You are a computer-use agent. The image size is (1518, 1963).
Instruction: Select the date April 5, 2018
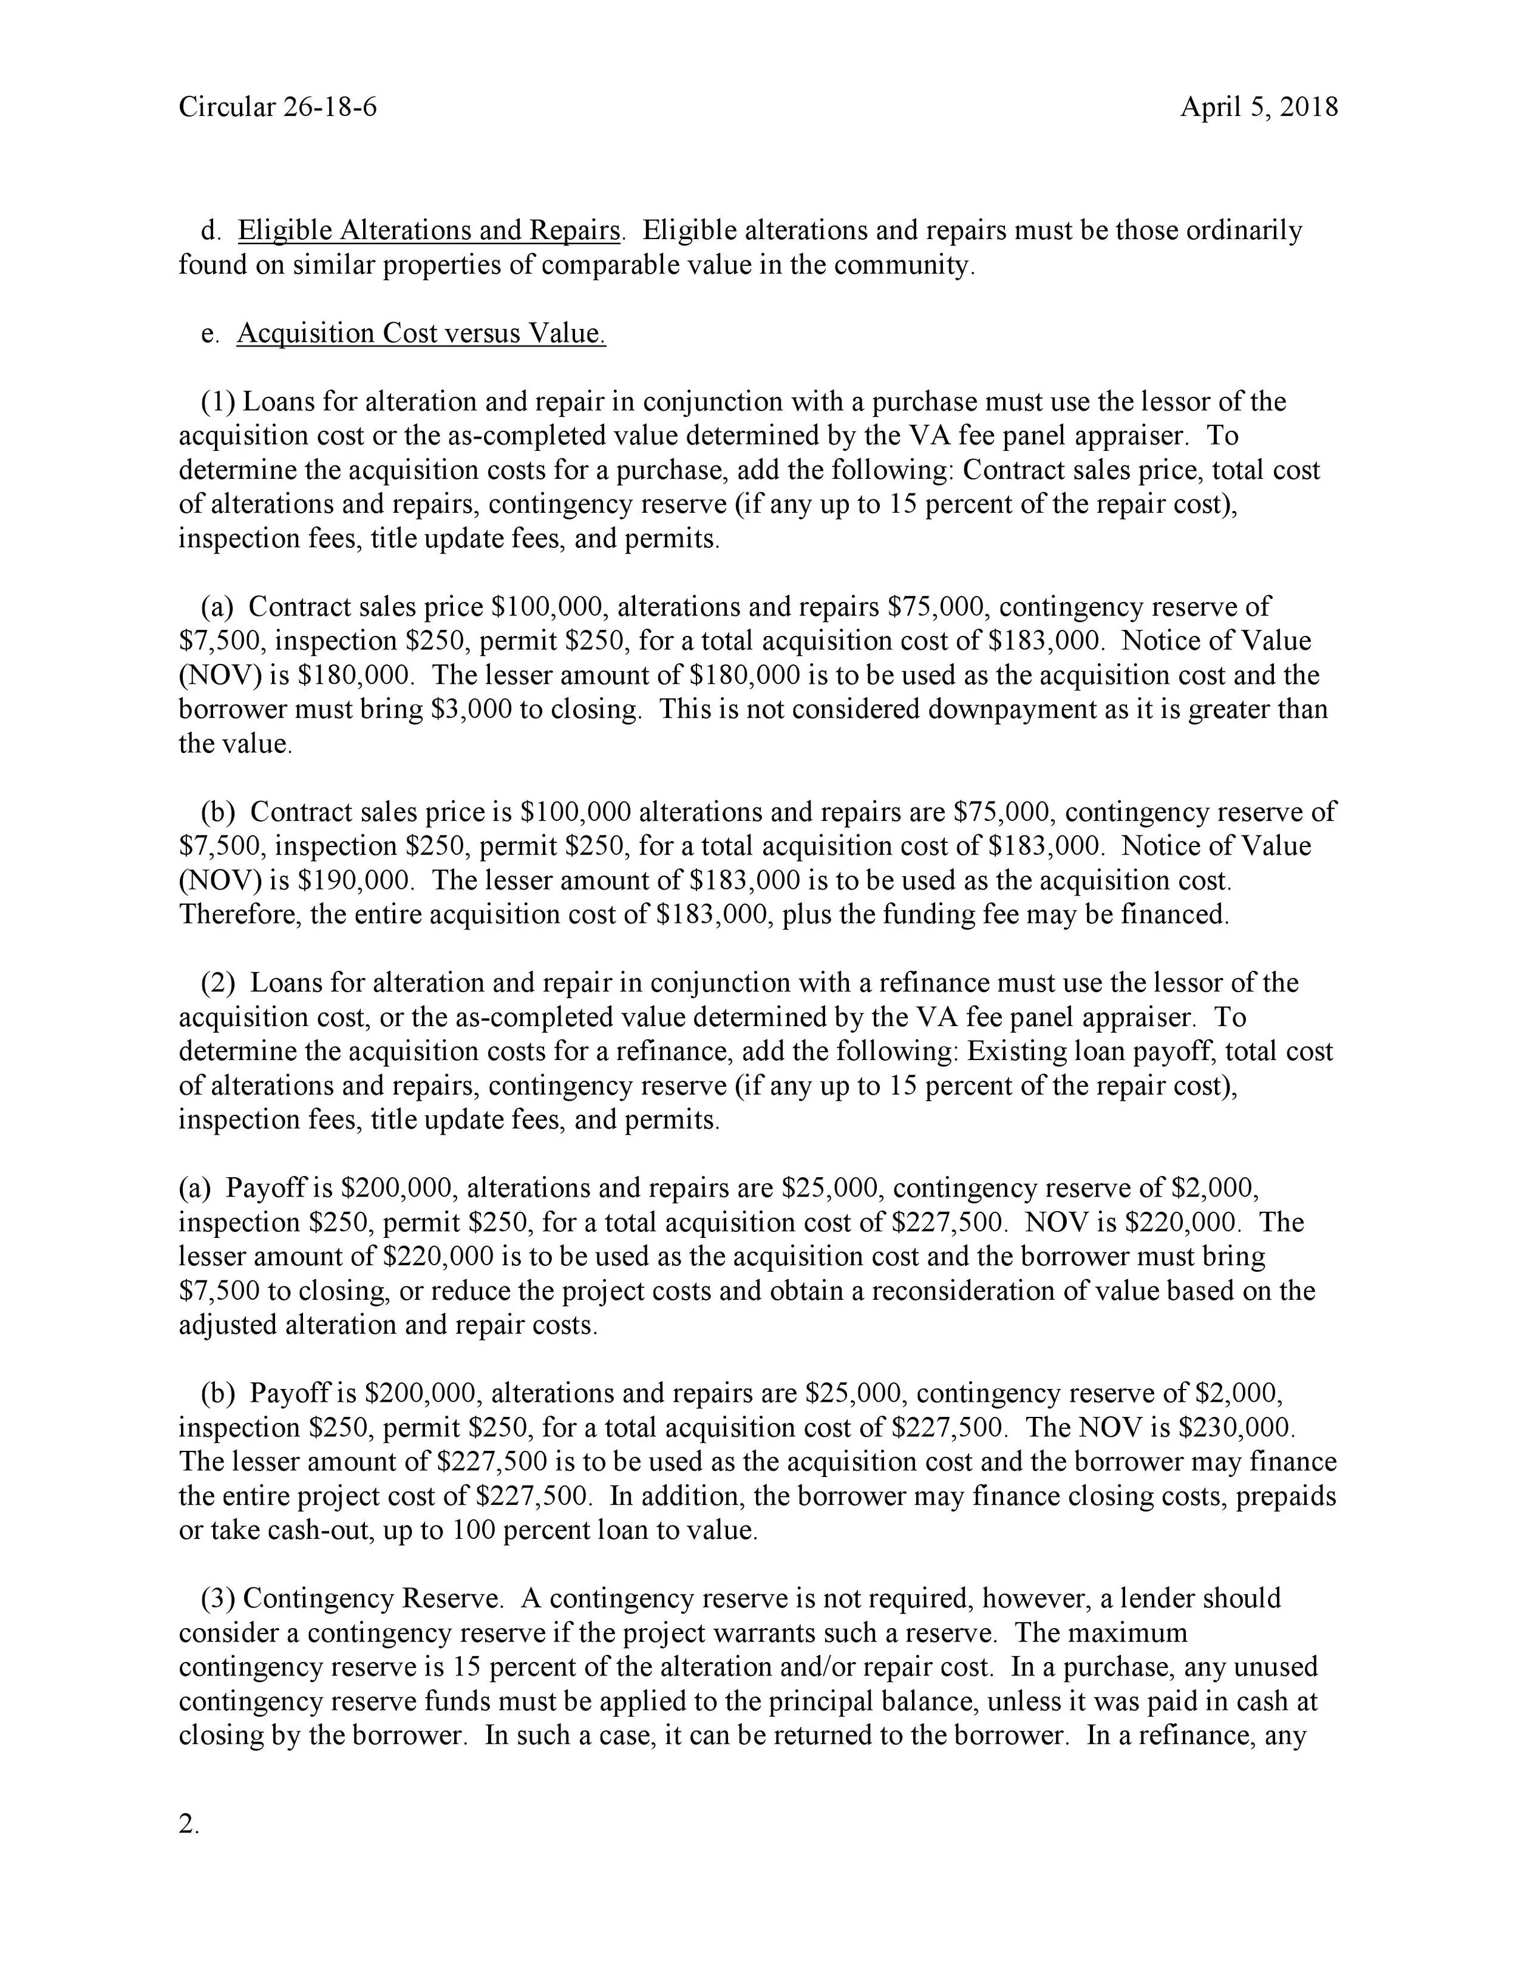1259,108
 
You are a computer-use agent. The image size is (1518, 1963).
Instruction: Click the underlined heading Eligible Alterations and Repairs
428,231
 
